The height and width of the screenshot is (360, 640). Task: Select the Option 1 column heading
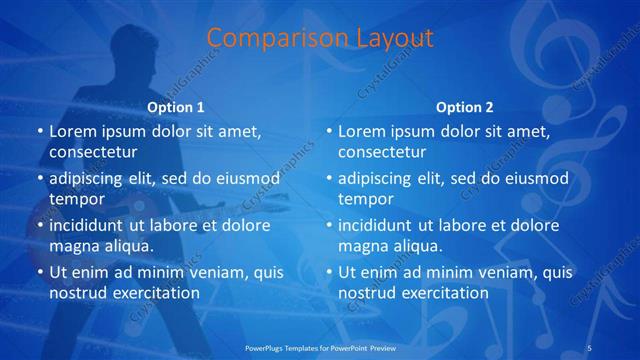pos(176,107)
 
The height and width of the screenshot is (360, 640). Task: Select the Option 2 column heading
pos(465,107)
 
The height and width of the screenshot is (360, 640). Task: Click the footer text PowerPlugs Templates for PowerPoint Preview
pos(319,347)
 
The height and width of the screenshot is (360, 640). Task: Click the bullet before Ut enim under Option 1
pos(38,272)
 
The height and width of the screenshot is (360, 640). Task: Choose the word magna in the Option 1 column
pos(72,245)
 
